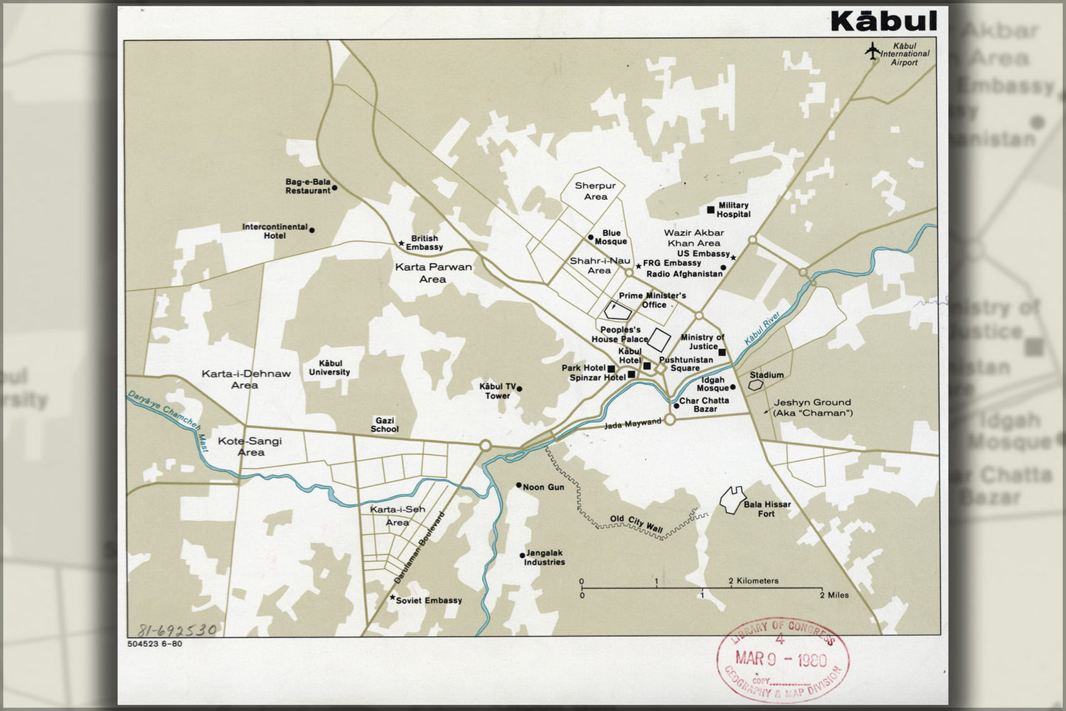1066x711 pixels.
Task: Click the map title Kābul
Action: pyautogui.click(x=883, y=21)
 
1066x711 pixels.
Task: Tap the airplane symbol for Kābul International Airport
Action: pyautogui.click(x=872, y=51)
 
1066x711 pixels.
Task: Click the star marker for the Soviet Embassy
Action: pyautogui.click(x=392, y=598)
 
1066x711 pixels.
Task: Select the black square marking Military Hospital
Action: pyautogui.click(x=710, y=209)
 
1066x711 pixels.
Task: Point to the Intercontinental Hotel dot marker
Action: pyautogui.click(x=311, y=230)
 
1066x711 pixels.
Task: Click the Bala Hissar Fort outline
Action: pyautogui.click(x=731, y=500)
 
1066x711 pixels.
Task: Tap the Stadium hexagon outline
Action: pyautogui.click(x=755, y=384)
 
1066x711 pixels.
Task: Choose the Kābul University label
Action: pyautogui.click(x=329, y=368)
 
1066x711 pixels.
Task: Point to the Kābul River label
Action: pyautogui.click(x=762, y=328)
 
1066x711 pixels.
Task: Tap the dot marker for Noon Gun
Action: pyautogui.click(x=518, y=486)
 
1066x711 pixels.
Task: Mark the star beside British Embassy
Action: pyautogui.click(x=401, y=244)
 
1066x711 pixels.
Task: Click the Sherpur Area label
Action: pyautogui.click(x=595, y=191)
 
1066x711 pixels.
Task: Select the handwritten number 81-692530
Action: pyautogui.click(x=176, y=630)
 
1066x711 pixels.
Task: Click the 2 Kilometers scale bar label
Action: pyautogui.click(x=753, y=581)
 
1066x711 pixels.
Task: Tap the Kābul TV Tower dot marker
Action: pyautogui.click(x=519, y=389)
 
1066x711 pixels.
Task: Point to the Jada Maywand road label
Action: pyautogui.click(x=632, y=424)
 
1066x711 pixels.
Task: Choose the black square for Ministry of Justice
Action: pyautogui.click(x=721, y=352)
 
